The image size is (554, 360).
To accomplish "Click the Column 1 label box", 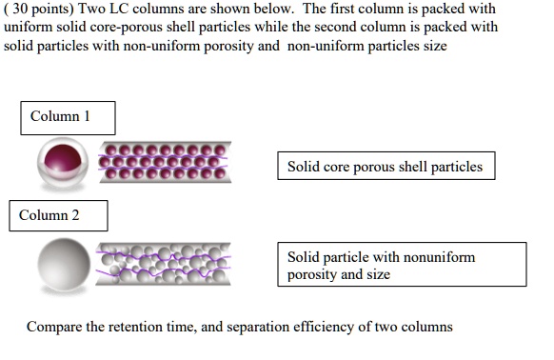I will [x=67, y=117].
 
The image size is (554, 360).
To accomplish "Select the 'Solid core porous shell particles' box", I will [x=386, y=168].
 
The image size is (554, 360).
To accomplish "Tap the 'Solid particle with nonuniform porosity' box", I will [x=401, y=265].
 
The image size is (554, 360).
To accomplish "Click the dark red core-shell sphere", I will [x=63, y=162].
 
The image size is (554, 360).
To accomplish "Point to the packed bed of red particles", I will [x=166, y=163].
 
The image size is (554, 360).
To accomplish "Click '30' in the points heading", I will [x=20, y=10].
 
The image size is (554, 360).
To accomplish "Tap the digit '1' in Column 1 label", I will [x=87, y=117].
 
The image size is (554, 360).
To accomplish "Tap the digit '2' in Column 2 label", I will [x=77, y=215].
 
